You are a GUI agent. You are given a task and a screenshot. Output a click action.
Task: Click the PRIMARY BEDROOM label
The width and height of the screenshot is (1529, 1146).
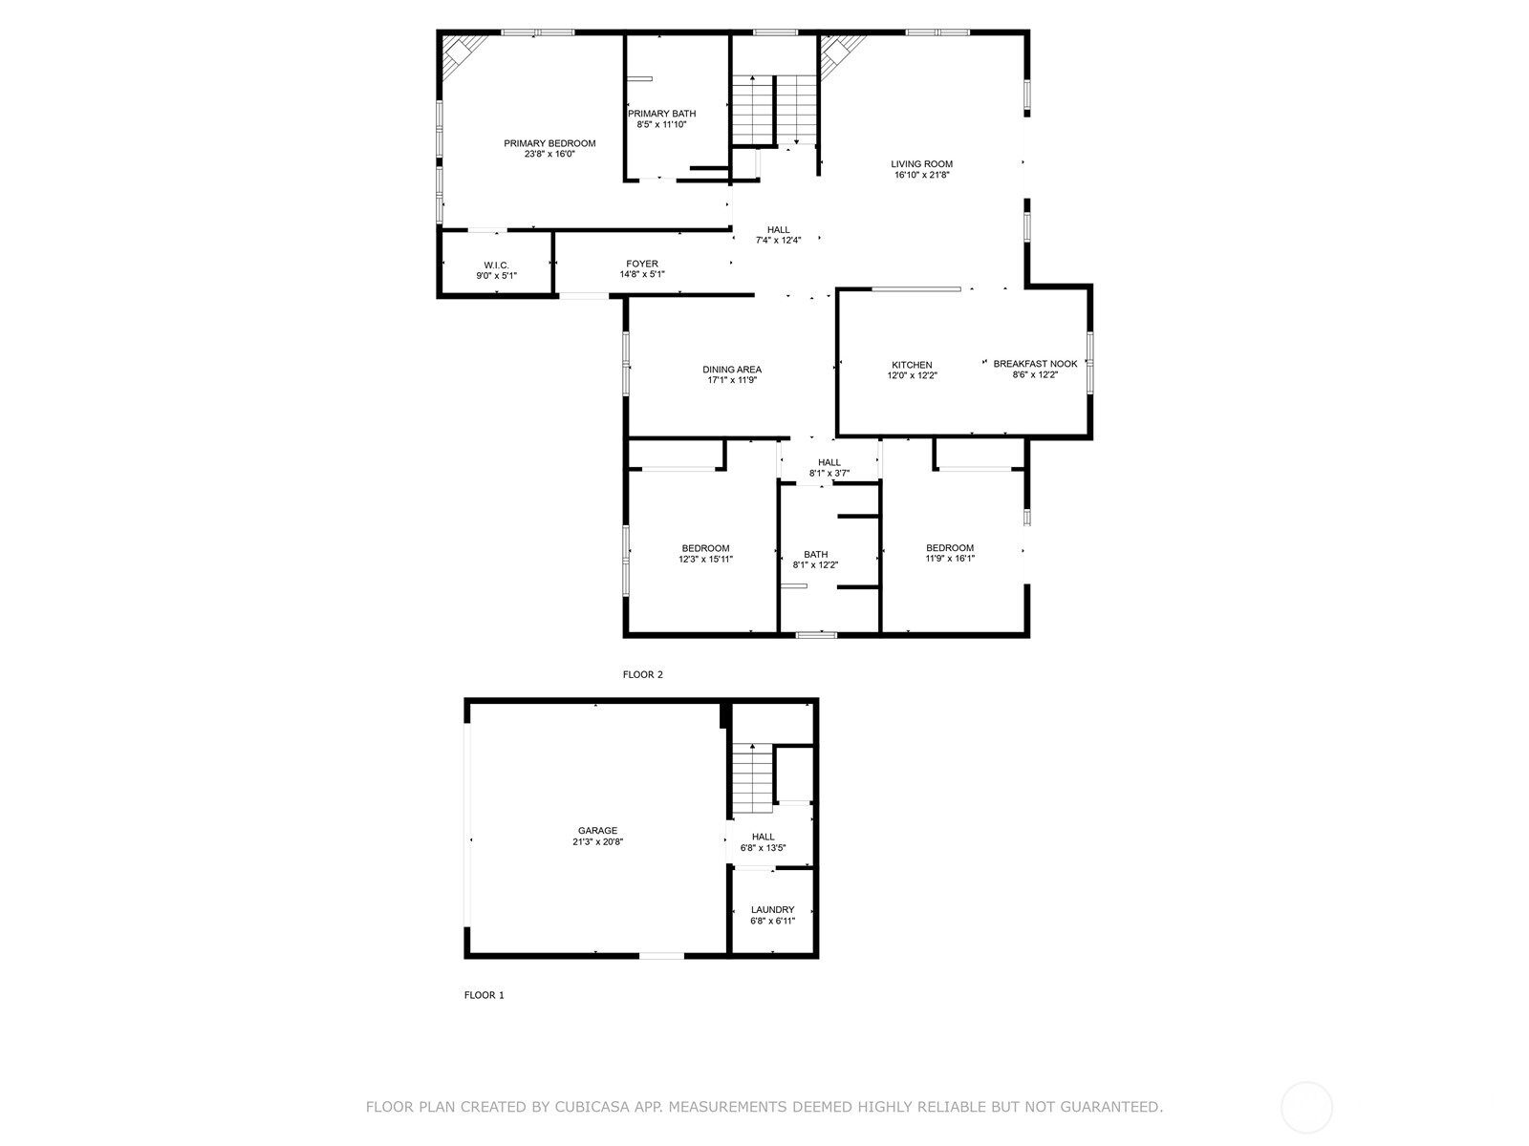pos(549,143)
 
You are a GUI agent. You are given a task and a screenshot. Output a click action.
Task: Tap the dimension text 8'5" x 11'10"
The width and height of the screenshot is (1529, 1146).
pos(661,124)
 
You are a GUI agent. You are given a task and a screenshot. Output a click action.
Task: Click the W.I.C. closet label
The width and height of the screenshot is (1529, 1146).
pos(496,265)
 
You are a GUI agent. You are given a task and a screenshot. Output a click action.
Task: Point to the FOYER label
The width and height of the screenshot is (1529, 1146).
pos(642,264)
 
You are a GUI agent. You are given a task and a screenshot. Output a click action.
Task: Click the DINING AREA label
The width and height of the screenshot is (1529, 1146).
pos(732,370)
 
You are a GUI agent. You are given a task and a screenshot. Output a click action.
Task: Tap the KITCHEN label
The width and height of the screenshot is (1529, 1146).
pos(912,365)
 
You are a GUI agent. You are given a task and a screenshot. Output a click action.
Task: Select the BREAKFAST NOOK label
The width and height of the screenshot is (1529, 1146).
pos(1035,364)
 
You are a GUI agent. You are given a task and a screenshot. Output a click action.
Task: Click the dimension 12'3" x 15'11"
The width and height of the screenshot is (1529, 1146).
pos(705,560)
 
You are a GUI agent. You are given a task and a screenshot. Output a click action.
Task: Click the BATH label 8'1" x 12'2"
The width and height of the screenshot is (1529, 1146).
pos(815,554)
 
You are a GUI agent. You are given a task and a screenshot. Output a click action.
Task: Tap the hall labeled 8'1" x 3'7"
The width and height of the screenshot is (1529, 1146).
pos(829,462)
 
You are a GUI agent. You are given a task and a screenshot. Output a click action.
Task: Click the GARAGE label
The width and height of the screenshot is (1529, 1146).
pos(597,831)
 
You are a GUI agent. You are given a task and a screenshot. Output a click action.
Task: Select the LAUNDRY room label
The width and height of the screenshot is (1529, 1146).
pos(772,910)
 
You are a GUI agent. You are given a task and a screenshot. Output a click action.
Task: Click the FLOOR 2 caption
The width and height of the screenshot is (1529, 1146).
pos(642,674)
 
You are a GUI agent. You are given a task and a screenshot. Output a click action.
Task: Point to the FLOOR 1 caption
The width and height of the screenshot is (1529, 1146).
pos(484,995)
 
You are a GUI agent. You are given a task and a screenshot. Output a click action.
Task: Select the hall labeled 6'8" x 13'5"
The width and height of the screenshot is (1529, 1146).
pos(763,837)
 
